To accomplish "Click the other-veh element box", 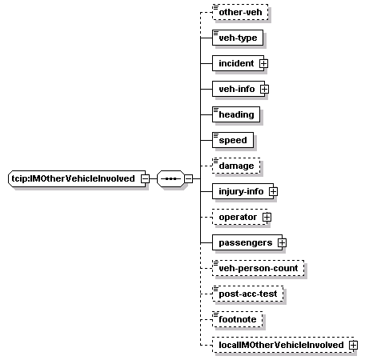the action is (240, 12).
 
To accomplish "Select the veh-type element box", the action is (238, 38).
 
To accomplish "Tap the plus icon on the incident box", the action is (263, 63).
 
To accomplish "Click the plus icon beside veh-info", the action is (264, 89).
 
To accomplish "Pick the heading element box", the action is (236, 114).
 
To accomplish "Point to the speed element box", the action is (233, 140).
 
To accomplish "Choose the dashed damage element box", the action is (236, 166).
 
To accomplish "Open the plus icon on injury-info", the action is (273, 191).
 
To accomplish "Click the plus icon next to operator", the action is (267, 217).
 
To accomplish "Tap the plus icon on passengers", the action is (282, 242).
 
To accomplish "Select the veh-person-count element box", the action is (259, 268).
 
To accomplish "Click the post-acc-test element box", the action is (248, 294).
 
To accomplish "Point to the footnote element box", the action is (238, 319).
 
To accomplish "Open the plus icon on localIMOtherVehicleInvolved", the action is (353, 345).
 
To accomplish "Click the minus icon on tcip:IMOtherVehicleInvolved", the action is (146, 178).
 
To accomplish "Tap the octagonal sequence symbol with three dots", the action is (170, 178).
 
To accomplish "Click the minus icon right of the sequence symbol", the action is (189, 178).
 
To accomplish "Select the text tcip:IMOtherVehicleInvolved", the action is (73, 178).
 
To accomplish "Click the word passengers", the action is (246, 242).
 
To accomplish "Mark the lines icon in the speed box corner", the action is (215, 135).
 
